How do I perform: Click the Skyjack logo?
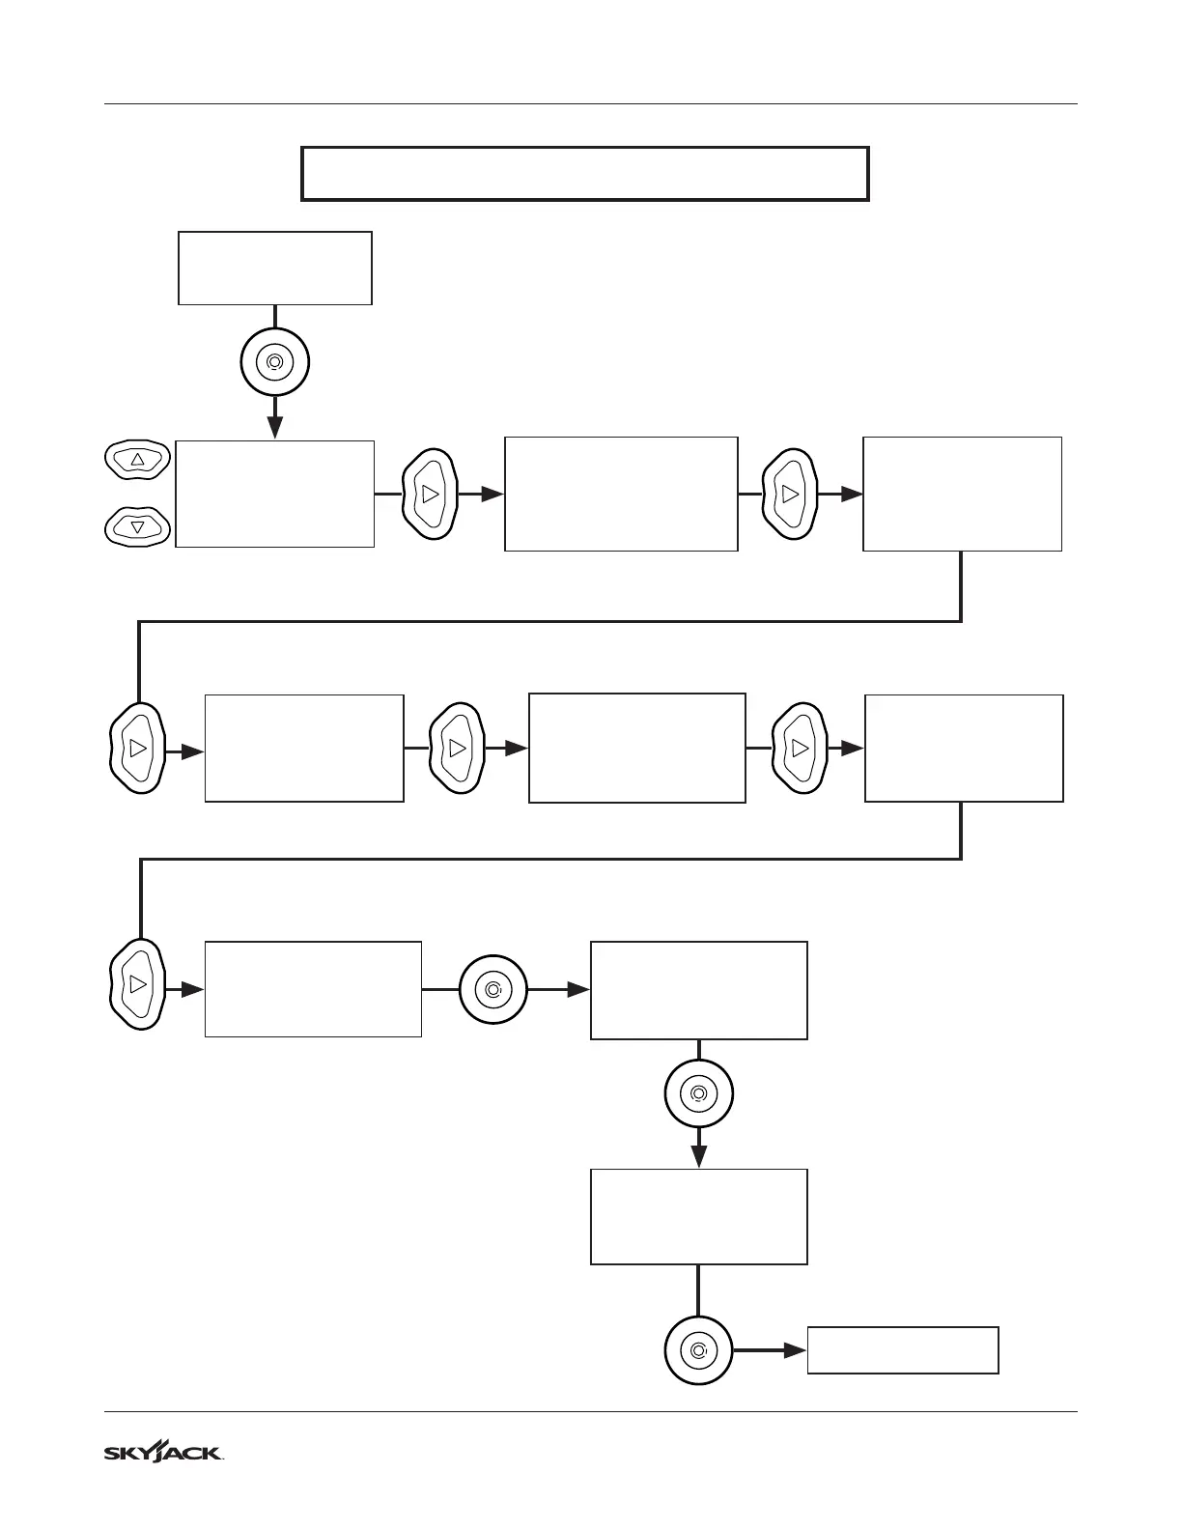coord(163,1453)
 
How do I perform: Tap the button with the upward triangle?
coord(137,460)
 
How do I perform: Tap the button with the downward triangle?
coord(137,527)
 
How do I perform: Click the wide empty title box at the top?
coord(585,174)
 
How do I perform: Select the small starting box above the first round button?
coord(275,269)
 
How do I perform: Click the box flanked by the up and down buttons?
coord(275,494)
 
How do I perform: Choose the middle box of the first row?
coord(621,494)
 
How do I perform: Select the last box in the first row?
coord(962,494)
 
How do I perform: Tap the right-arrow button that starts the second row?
coord(137,749)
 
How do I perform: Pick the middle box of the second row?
coord(637,749)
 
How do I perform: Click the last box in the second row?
coord(964,749)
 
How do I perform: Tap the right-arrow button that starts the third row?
coord(137,984)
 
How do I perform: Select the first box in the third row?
coord(313,989)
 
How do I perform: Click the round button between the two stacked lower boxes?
coord(699,1094)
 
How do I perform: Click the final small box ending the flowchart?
coord(903,1350)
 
